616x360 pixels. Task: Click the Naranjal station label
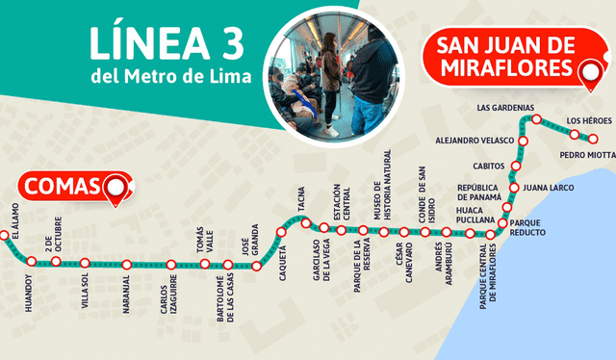coord(126,290)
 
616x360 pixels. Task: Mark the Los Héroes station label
coord(586,119)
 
